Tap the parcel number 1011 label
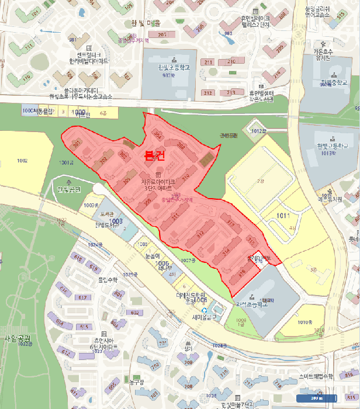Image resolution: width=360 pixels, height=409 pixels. pyautogui.click(x=283, y=216)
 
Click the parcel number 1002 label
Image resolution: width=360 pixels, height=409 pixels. pyautogui.click(x=22, y=160)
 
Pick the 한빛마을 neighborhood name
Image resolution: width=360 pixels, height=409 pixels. pyautogui.click(x=145, y=23)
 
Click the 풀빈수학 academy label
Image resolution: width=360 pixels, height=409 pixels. pyautogui.click(x=108, y=280)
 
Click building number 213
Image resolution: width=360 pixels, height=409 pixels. pyautogui.click(x=207, y=93)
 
